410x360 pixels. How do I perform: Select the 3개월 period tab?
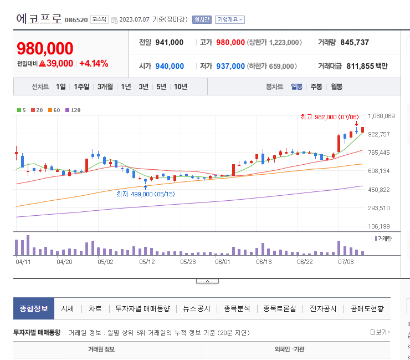pos(105,87)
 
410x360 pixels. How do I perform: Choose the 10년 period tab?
pos(181,87)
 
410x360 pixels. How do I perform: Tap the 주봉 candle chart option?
pos(316,87)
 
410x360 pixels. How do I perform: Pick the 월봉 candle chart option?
pos(336,87)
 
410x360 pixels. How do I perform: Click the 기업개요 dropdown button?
pos(229,19)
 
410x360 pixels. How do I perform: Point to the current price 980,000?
pos(45,48)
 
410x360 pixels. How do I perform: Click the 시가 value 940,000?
pos(170,66)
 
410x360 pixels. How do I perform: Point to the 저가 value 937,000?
pos(230,66)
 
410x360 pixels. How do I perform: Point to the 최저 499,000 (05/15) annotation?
pos(145,194)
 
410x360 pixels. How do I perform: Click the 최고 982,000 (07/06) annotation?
pos(329,117)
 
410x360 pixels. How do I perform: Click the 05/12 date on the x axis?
pos(146,261)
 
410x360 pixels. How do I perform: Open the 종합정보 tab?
pos(34,308)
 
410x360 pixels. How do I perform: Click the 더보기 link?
pos(380,332)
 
